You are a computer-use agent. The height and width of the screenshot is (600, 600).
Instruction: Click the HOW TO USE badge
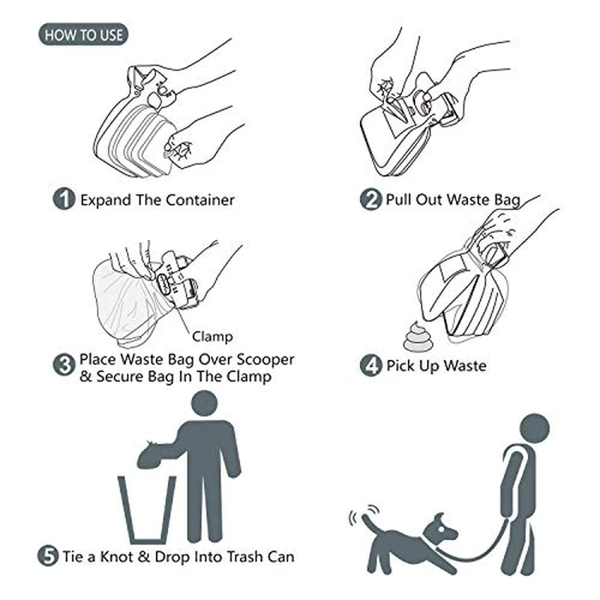(83, 35)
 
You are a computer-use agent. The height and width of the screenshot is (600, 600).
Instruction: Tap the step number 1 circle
(64, 200)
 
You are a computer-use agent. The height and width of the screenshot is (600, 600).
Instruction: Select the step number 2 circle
(370, 200)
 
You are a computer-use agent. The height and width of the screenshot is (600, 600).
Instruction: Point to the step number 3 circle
(64, 365)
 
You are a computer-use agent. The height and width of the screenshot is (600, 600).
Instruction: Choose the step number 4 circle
(370, 365)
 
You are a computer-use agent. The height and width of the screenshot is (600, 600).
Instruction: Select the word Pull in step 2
(400, 201)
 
